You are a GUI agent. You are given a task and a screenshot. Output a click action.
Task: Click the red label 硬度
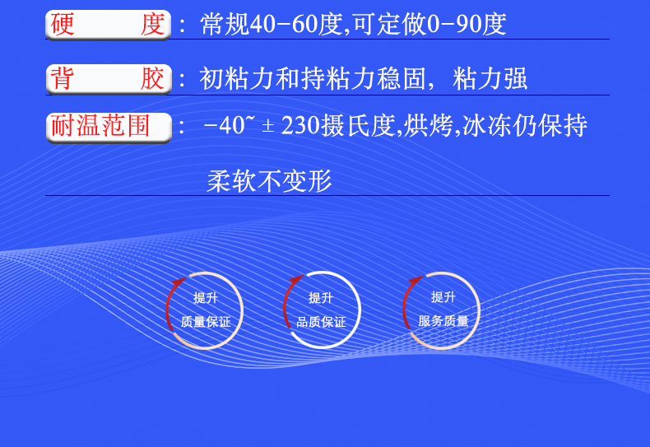107,25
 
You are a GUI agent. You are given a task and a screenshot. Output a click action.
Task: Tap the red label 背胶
107,80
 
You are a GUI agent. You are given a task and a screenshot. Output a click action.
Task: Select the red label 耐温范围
107,127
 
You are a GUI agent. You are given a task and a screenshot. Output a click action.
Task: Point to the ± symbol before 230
268,128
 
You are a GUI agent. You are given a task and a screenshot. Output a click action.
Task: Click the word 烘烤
429,127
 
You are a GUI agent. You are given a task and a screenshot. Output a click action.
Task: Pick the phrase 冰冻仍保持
525,127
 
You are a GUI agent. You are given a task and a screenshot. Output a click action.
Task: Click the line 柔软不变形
269,181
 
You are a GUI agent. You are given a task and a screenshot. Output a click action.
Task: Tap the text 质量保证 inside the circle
206,321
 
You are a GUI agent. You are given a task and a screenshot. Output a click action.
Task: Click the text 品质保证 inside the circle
321,322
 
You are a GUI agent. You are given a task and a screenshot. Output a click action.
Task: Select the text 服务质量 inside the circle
443,321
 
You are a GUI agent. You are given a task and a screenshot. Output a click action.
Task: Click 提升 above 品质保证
321,298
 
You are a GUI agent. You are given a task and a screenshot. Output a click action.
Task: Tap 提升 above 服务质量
443,297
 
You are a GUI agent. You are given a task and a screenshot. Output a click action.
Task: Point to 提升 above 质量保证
206,298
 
